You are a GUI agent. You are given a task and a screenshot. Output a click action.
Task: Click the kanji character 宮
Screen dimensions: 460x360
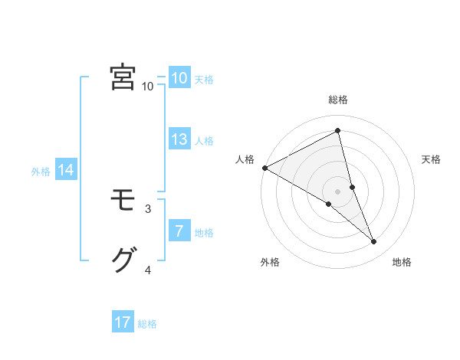[x=123, y=77]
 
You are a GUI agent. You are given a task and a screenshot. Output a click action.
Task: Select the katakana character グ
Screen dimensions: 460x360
[x=123, y=260]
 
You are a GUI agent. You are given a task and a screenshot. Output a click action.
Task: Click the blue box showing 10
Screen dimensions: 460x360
[x=179, y=78]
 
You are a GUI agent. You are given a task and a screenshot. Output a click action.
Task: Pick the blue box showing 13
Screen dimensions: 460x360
[x=179, y=139]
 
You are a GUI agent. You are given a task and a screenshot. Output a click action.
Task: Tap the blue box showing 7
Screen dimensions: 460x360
[x=179, y=231]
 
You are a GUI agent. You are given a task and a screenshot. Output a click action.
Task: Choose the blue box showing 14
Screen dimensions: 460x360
[x=66, y=170]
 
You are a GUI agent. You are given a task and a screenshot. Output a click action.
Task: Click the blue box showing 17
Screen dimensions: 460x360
[x=123, y=322]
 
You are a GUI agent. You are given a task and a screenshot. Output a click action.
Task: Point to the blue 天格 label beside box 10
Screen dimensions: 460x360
[x=204, y=80]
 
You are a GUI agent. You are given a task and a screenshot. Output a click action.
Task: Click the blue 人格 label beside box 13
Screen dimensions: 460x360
[x=204, y=141]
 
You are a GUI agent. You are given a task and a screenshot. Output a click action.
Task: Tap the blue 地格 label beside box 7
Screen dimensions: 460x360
[x=204, y=232]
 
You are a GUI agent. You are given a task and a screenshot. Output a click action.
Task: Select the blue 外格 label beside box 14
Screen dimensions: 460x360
[x=41, y=172]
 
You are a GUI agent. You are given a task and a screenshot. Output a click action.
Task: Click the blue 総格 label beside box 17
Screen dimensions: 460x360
[x=147, y=324]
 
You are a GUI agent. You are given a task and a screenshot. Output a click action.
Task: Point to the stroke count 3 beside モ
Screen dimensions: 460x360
[x=148, y=208]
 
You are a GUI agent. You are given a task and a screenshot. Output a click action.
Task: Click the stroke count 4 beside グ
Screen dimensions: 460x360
[x=148, y=270]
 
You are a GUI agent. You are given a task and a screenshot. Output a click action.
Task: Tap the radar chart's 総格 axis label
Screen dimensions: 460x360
[x=338, y=100]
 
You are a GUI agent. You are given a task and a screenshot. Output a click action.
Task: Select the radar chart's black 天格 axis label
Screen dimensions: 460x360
[x=431, y=159]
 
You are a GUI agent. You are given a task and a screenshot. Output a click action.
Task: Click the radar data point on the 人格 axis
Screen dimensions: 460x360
[x=264, y=168]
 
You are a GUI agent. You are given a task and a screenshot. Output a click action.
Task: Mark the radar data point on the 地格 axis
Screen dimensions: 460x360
[x=374, y=241]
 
